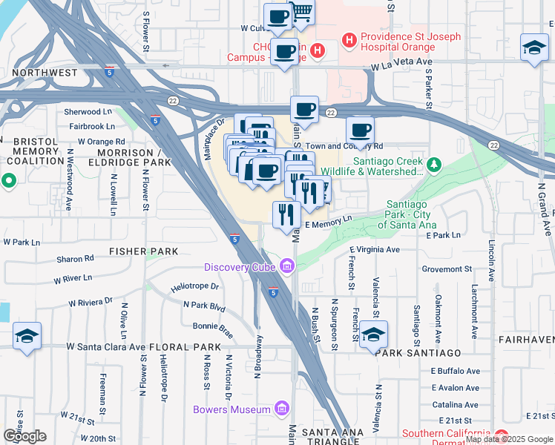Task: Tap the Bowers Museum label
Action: click(x=231, y=409)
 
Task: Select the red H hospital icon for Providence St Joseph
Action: click(x=347, y=38)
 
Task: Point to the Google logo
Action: click(x=24, y=435)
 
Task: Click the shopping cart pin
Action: click(x=302, y=12)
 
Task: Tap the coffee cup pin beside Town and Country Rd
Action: click(x=360, y=131)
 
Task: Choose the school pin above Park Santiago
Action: click(x=374, y=334)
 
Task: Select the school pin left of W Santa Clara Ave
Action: click(x=27, y=335)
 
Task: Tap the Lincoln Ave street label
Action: click(x=491, y=260)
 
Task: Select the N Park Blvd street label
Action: click(x=204, y=305)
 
